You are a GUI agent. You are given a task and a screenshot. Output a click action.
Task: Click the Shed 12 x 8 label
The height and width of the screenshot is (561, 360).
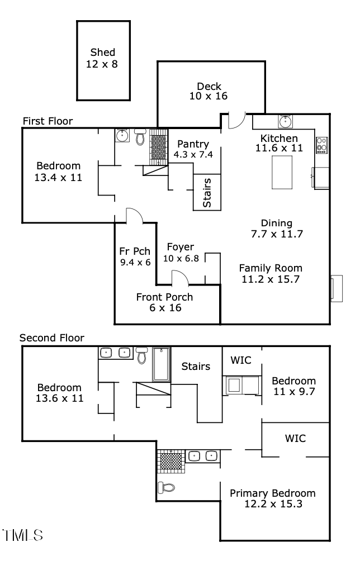[103, 59]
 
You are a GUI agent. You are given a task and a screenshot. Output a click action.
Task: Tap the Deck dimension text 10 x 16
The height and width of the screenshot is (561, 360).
[209, 97]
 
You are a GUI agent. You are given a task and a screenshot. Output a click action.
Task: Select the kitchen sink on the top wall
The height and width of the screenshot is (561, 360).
[286, 121]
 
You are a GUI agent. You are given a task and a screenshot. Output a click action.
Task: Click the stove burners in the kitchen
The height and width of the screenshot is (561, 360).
[321, 145]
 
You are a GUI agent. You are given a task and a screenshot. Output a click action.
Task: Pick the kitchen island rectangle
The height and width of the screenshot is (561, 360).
[282, 173]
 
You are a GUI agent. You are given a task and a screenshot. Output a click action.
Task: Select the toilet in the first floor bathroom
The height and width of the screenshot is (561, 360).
[140, 137]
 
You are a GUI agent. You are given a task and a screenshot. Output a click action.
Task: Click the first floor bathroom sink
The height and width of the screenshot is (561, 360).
[122, 135]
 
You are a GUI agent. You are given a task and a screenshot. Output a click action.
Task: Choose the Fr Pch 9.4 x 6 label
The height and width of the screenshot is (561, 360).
[135, 256]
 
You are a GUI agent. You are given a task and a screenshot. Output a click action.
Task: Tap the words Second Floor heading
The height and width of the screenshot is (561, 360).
[51, 338]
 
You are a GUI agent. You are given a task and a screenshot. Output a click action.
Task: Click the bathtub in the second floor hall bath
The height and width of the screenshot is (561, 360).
[161, 364]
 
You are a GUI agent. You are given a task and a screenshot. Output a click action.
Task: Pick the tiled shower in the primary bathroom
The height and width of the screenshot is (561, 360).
[170, 460]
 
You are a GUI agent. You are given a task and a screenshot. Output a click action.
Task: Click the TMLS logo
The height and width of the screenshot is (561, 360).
[23, 536]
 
